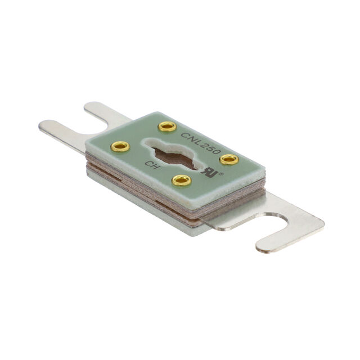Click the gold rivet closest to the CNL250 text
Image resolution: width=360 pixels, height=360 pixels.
[x=168, y=126]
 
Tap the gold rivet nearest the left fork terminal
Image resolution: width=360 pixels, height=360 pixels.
[x=120, y=146]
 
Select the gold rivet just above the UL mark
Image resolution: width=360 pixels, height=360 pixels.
[x=229, y=159]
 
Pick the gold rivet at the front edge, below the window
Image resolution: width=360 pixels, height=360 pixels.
[x=182, y=180]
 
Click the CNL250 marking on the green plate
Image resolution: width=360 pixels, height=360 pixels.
[x=201, y=143]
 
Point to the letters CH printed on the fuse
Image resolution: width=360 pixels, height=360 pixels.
[x=151, y=165]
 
